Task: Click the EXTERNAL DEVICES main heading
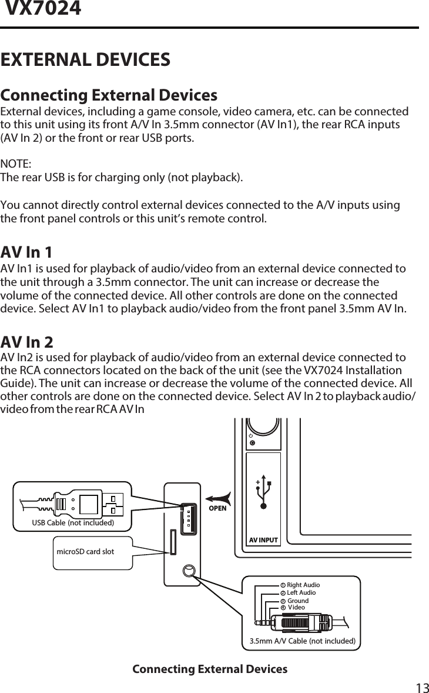86,59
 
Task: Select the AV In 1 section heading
26,252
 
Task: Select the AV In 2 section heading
27,341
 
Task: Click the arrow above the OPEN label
217,497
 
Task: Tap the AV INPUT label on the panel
263,539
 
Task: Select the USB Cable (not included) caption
72,521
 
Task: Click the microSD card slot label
85,551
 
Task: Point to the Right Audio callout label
303,585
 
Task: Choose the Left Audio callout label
301,592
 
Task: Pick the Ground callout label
298,601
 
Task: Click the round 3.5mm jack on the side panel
189,571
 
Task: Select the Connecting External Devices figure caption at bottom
210,669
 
